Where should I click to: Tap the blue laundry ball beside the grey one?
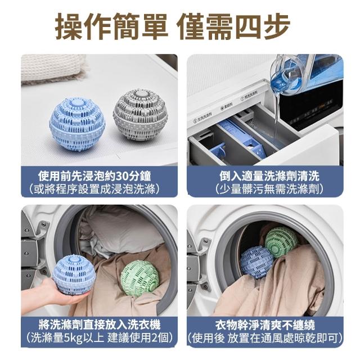[x=77, y=124]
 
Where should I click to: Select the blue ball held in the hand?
[x=73, y=275]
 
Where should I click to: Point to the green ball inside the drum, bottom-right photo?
[x=281, y=241]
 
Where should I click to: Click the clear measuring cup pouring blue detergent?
[x=305, y=74]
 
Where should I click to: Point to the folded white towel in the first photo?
[x=53, y=68]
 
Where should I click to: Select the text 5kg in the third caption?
[x=73, y=338]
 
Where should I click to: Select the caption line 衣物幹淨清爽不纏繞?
[x=265, y=325]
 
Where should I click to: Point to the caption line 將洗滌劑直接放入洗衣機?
[x=100, y=325]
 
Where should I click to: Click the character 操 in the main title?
[x=69, y=26]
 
